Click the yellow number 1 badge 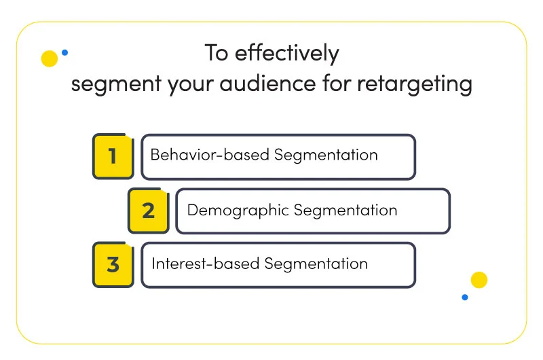[x=113, y=156]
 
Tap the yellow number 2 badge [x=149, y=211]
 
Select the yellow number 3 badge [x=113, y=265]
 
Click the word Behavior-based [x=210, y=155]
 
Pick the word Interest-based [x=206, y=264]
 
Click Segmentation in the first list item [x=326, y=156]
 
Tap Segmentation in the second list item [x=345, y=211]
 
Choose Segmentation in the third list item [x=316, y=264]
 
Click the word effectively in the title [x=287, y=54]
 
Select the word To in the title [x=217, y=53]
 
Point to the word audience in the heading [x=267, y=83]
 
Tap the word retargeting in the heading [x=415, y=85]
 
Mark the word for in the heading [x=337, y=83]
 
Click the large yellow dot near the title [x=49, y=58]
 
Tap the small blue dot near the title [x=64, y=53]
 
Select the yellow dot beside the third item [x=479, y=280]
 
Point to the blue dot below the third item [x=465, y=298]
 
